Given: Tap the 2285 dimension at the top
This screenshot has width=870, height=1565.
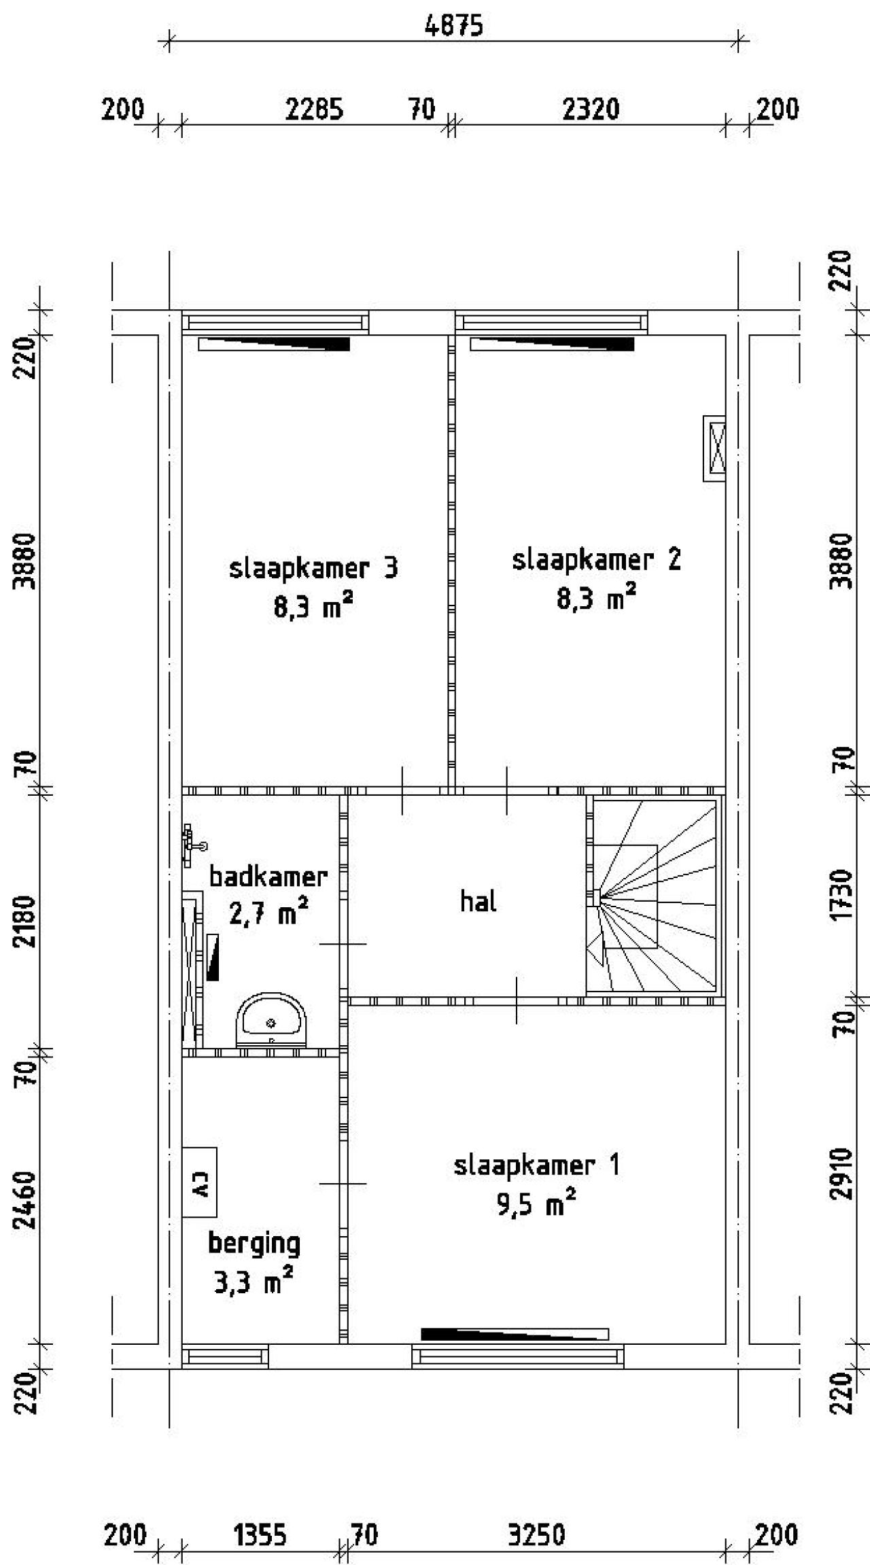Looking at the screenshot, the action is (314, 109).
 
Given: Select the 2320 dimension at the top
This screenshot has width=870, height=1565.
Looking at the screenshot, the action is (591, 109).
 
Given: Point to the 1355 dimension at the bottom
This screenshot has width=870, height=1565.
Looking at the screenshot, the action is (260, 1516).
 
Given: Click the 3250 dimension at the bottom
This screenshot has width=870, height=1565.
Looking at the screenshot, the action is (537, 1516).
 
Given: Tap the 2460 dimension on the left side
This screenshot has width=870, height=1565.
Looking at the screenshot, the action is (26, 1200).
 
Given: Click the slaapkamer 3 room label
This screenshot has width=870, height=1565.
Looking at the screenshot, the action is (313, 568).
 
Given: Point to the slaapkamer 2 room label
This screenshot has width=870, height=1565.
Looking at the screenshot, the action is (596, 560).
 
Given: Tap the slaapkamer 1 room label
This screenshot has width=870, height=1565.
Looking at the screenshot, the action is (537, 1165).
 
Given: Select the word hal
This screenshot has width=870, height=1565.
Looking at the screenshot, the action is (478, 902).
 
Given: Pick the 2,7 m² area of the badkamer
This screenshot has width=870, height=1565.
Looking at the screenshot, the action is (268, 913).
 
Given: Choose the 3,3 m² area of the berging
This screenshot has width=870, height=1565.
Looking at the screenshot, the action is (254, 1282).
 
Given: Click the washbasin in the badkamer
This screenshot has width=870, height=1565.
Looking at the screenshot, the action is (271, 1020).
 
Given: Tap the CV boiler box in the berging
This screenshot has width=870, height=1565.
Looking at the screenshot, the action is (200, 1182).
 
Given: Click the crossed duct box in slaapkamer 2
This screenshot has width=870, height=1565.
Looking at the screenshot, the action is (714, 449).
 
